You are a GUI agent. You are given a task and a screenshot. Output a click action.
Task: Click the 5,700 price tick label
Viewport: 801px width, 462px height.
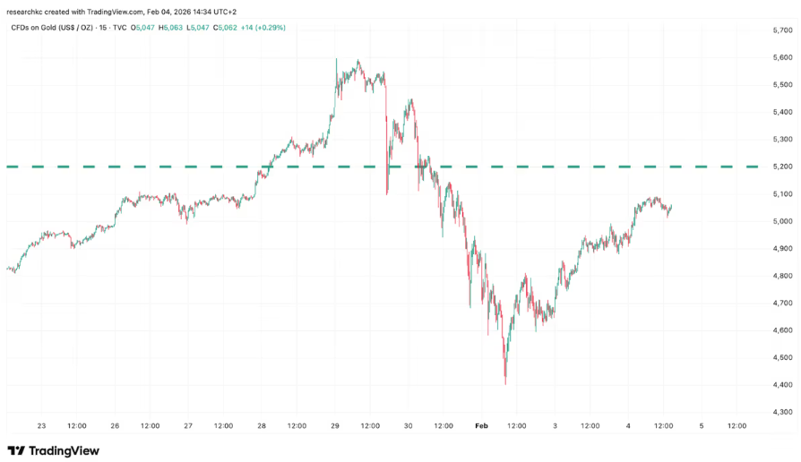pos(781,30)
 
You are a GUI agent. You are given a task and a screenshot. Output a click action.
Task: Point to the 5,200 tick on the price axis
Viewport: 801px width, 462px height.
pos(781,167)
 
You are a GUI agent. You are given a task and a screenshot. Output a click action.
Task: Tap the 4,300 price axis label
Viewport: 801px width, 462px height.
pos(781,412)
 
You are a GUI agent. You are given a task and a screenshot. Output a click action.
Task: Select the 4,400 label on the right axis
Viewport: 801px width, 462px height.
pos(781,385)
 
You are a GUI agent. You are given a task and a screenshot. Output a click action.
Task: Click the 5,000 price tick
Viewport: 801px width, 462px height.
pos(781,221)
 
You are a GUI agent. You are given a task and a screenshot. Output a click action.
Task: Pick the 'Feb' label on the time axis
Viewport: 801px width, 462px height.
pos(480,426)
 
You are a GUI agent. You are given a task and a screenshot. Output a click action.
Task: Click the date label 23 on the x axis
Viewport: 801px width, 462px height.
pos(41,426)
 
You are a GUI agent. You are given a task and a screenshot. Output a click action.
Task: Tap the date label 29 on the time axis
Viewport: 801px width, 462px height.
pos(334,426)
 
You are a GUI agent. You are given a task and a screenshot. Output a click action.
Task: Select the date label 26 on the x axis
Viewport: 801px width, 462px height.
pos(115,426)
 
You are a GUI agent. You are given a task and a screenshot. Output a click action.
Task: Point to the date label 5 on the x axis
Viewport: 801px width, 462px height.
pos(701,426)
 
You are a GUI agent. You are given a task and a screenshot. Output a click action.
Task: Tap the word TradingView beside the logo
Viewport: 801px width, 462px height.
pos(64,450)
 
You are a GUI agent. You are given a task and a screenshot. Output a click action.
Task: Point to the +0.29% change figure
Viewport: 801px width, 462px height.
pos(272,28)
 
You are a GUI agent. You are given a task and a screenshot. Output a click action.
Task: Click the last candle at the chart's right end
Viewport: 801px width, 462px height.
pos(671,208)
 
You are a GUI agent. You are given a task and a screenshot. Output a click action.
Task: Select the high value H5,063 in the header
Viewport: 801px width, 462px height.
pos(172,28)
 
